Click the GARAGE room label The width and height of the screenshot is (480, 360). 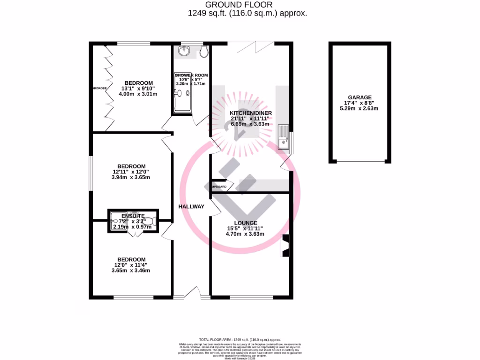[x=360, y=97]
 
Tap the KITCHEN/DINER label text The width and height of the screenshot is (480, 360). [x=250, y=113]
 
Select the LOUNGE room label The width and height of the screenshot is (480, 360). [x=246, y=223]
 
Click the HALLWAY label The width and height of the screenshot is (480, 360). [x=191, y=206]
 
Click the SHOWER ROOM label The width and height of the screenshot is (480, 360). [x=191, y=75]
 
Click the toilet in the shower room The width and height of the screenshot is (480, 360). [x=203, y=52]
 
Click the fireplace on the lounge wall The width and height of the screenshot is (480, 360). [x=285, y=246]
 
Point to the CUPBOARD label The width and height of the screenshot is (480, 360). [x=219, y=187]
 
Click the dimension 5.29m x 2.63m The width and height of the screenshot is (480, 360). [x=360, y=108]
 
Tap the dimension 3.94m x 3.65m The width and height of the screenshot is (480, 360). [x=131, y=178]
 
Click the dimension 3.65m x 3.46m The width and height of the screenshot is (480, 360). [x=131, y=270]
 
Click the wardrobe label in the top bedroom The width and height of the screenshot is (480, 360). [x=96, y=88]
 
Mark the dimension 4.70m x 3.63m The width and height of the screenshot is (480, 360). [x=246, y=234]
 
